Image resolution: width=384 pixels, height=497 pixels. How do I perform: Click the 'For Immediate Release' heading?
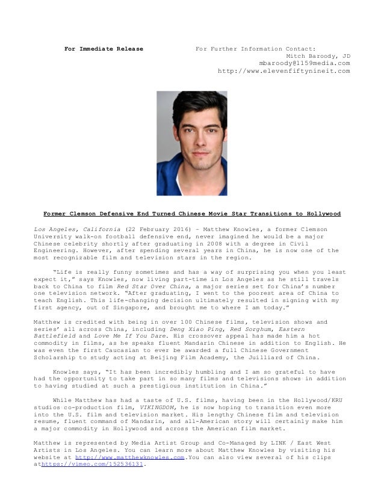tap(104, 49)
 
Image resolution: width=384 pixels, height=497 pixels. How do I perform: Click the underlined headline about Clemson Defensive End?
tap(191, 214)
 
